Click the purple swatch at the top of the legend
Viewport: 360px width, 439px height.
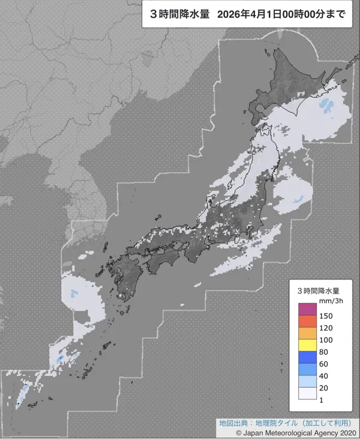coord(307,309)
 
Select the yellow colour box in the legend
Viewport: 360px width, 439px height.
coord(307,345)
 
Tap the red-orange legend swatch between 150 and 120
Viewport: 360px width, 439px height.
coord(307,321)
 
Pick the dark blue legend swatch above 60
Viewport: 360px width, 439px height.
coord(307,357)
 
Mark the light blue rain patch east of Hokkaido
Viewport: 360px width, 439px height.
coord(327,106)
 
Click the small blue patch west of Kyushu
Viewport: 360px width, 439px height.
coord(74,294)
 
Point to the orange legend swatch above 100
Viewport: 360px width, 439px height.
coord(307,333)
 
